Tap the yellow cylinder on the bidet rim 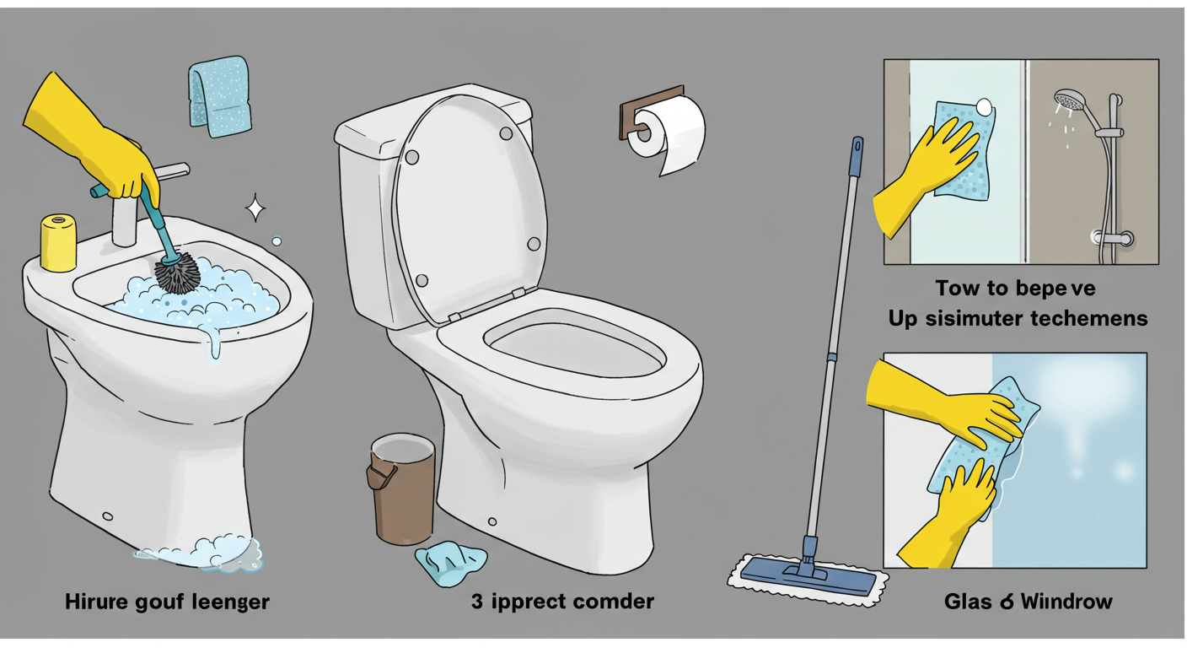(x=58, y=243)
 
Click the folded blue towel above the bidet (x=219, y=97)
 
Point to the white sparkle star (x=255, y=208)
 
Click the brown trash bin (x=400, y=489)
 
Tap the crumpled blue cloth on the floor (x=450, y=563)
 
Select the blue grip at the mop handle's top (x=856, y=156)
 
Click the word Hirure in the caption (x=97, y=602)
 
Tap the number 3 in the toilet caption (x=477, y=602)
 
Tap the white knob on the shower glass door (x=984, y=107)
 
